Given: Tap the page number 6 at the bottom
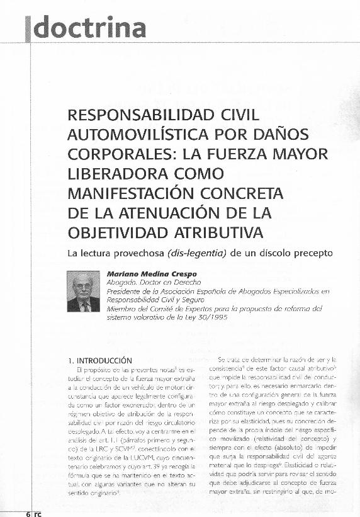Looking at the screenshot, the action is (x=28, y=513).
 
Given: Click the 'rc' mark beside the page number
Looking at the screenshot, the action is (x=37, y=513).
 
